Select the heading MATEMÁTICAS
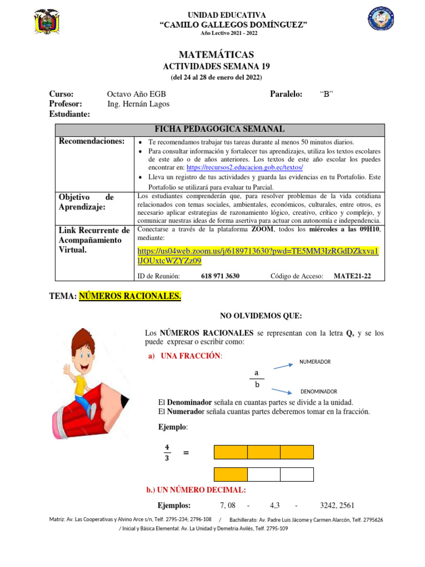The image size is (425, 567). pos(216,54)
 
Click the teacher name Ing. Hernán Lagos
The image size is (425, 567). pos(138,104)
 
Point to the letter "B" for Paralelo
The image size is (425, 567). pos(326,94)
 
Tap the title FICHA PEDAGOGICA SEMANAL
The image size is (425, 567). pos(219,129)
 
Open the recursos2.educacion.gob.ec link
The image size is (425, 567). pos(245,167)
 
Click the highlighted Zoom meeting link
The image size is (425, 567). pos(257,255)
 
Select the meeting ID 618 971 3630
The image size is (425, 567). pos(220,276)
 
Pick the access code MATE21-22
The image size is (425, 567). pos(353,276)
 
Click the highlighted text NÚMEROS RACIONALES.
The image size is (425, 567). pos(130,297)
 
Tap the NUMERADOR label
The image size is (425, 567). pos(314,362)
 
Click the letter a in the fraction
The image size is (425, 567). pos(256,373)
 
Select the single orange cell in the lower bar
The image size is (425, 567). pos(230,475)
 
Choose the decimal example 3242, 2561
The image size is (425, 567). pos(337,505)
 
